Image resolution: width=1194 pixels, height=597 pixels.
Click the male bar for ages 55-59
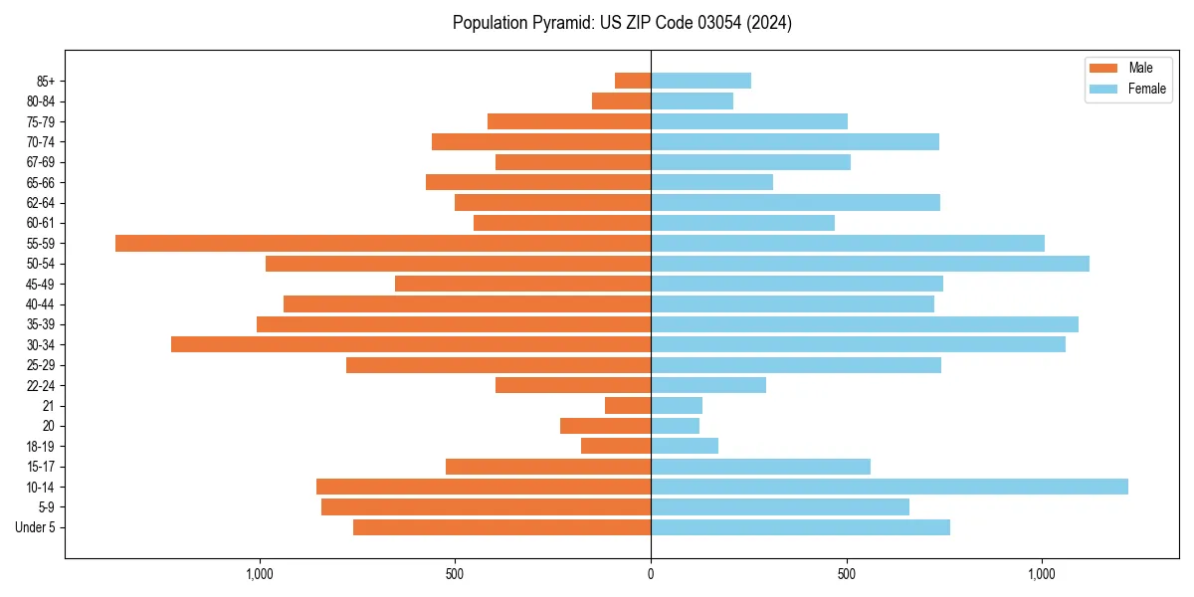point(383,243)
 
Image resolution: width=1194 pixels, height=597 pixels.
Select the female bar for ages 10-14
point(890,487)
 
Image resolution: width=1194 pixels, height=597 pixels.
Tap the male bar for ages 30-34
point(411,344)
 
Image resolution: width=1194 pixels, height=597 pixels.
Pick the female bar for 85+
point(700,81)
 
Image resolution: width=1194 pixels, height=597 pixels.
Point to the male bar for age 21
point(628,405)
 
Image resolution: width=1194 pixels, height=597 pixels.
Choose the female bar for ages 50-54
point(870,264)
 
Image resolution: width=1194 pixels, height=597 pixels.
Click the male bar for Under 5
point(501,527)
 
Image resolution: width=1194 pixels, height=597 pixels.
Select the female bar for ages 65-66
point(711,182)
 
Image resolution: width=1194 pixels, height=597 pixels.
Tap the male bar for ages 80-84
point(621,100)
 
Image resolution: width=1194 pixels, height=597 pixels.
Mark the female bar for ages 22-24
point(708,385)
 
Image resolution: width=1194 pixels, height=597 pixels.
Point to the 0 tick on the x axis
point(651,574)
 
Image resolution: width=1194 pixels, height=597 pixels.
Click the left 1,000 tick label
point(260,574)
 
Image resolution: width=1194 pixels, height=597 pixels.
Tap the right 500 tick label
point(847,574)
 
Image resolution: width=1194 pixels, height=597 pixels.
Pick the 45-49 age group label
point(40,284)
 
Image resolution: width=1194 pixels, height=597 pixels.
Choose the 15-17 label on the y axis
point(40,467)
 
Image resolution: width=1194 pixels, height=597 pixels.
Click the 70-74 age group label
point(40,141)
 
